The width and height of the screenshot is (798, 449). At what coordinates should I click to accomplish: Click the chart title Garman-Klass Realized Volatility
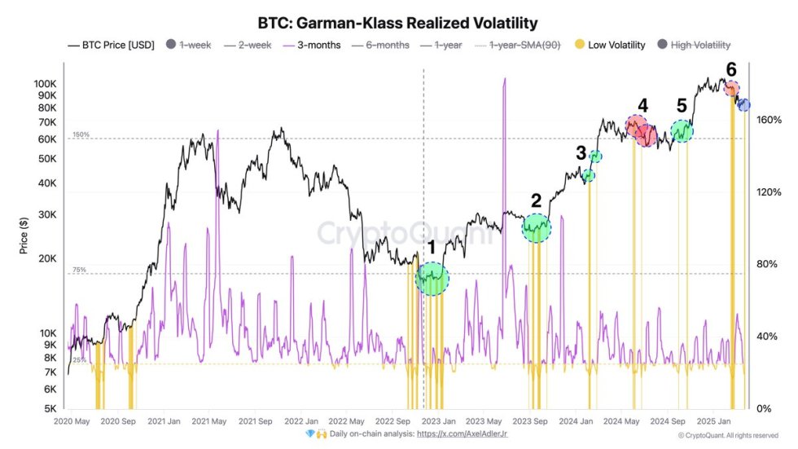398,23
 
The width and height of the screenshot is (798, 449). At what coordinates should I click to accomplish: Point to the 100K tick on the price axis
45,84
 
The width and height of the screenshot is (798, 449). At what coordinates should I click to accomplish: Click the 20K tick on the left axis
46,258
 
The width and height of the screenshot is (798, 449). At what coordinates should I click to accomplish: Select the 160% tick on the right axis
769,120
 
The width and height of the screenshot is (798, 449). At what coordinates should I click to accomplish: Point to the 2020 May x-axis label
72,421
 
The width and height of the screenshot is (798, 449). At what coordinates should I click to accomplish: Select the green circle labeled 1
432,278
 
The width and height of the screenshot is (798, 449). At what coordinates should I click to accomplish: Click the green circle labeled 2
537,227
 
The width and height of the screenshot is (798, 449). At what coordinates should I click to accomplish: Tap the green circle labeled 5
682,130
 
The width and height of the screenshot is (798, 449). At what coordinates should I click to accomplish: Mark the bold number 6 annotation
731,70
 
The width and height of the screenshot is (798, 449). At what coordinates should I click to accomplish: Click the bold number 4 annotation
642,105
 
